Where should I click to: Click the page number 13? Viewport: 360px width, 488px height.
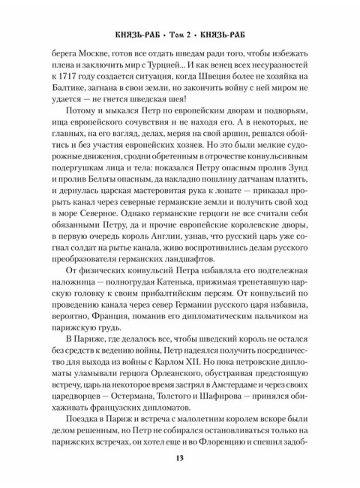pyautogui.click(x=179, y=459)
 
